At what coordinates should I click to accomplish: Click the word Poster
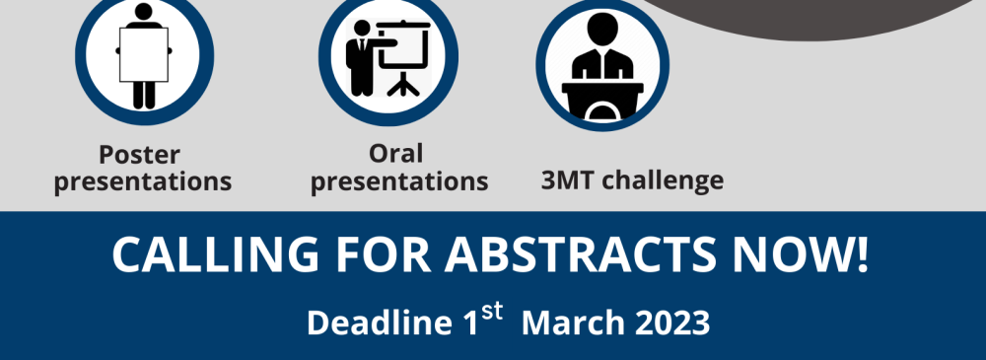coord(139,154)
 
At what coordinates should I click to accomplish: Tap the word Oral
coord(395,154)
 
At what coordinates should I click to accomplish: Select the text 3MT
coord(568,180)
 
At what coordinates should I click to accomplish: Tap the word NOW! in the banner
coord(801,254)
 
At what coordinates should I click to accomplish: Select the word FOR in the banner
coord(383,254)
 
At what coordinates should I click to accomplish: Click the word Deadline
coord(380,323)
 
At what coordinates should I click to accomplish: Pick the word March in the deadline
coord(573,323)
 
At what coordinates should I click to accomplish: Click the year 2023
coord(672,323)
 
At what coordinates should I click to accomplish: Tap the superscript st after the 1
coord(492,311)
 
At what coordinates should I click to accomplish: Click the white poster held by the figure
coord(144,54)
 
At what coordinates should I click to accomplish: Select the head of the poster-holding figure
coord(143,11)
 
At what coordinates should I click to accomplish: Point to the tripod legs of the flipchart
coord(403,84)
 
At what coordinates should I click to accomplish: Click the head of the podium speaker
coord(601,30)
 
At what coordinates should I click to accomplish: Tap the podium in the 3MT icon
coord(602,101)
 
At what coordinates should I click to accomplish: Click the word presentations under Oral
coord(399,181)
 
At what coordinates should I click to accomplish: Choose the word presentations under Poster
coord(143,181)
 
